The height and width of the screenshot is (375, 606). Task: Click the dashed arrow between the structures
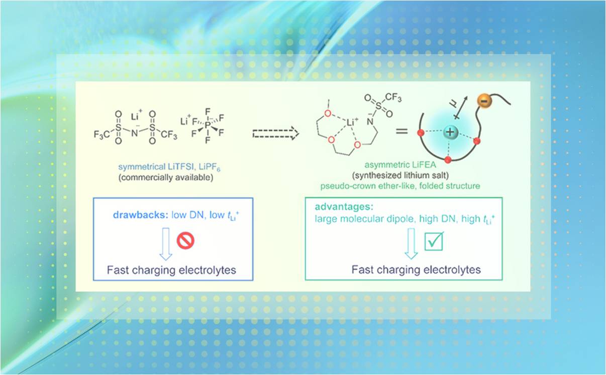pyautogui.click(x=276, y=133)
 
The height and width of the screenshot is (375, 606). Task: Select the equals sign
pyautogui.click(x=400, y=132)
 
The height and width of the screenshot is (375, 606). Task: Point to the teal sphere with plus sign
pyautogui.click(x=451, y=133)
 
